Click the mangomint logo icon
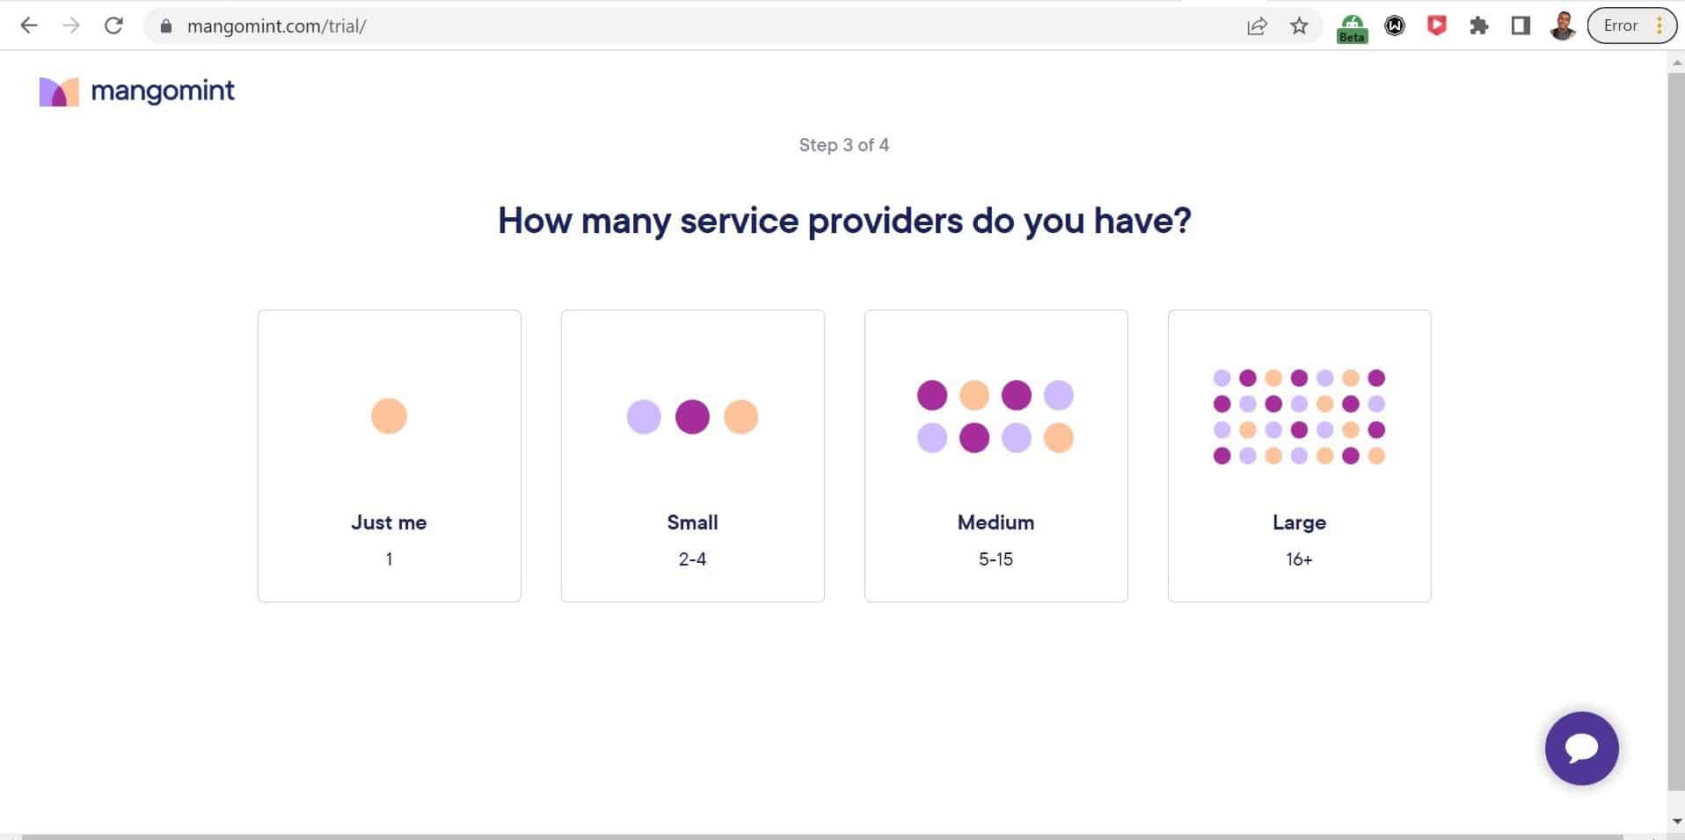[x=59, y=91]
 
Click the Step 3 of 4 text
[x=843, y=145]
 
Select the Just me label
[x=389, y=522]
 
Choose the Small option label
[x=692, y=522]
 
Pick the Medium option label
[x=996, y=522]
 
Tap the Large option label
[x=1299, y=522]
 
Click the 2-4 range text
[x=692, y=559]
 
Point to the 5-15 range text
[x=996, y=559]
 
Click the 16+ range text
[x=1299, y=559]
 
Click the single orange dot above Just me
[x=389, y=416]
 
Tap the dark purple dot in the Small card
[x=692, y=417]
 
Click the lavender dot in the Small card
[x=644, y=417]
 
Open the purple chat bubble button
[x=1581, y=749]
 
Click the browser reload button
[x=113, y=26]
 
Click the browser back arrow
[x=29, y=26]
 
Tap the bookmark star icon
[x=1299, y=26]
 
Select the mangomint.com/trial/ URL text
[x=276, y=26]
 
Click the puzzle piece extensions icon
[x=1478, y=26]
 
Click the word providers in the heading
[x=885, y=222]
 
